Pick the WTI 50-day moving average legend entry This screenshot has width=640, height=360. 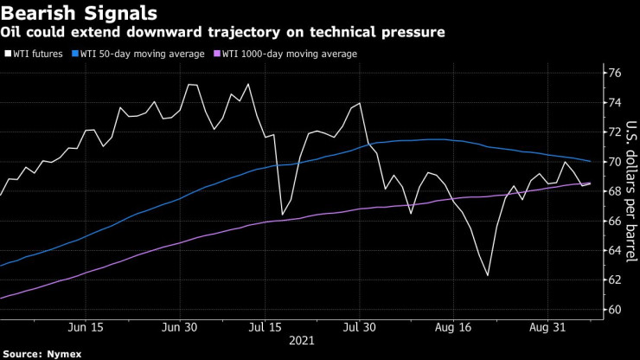pyautogui.click(x=143, y=54)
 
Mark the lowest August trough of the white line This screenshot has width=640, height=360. pyautogui.click(x=488, y=275)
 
